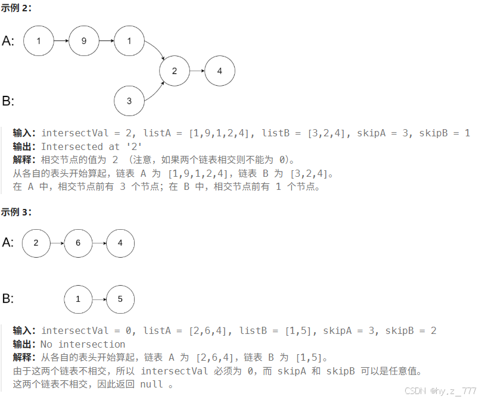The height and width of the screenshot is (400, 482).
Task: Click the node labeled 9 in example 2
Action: click(84, 41)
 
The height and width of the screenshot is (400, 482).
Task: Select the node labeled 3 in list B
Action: click(129, 101)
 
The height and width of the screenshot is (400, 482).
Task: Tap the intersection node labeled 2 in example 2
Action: click(175, 71)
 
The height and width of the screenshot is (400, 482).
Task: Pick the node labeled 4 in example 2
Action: click(220, 71)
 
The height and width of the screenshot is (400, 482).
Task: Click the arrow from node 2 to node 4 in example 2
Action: click(197, 71)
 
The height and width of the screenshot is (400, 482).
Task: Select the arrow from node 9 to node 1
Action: click(107, 41)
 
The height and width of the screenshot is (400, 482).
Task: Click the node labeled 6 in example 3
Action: click(79, 243)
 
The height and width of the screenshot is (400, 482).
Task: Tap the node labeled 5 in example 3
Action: click(120, 299)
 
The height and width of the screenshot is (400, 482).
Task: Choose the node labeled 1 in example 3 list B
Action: click(78, 299)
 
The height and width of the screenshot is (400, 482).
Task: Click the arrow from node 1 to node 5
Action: click(99, 299)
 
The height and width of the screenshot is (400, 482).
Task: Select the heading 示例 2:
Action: click(16, 8)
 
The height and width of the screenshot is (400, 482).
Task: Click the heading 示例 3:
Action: click(16, 212)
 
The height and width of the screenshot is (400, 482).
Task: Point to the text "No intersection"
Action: click(83, 344)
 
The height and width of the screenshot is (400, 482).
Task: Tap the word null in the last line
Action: click(151, 384)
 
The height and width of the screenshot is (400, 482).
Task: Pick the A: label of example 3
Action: click(8, 242)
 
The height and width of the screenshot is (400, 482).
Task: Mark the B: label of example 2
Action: click(8, 101)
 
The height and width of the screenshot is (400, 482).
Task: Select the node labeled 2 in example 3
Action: click(36, 243)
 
